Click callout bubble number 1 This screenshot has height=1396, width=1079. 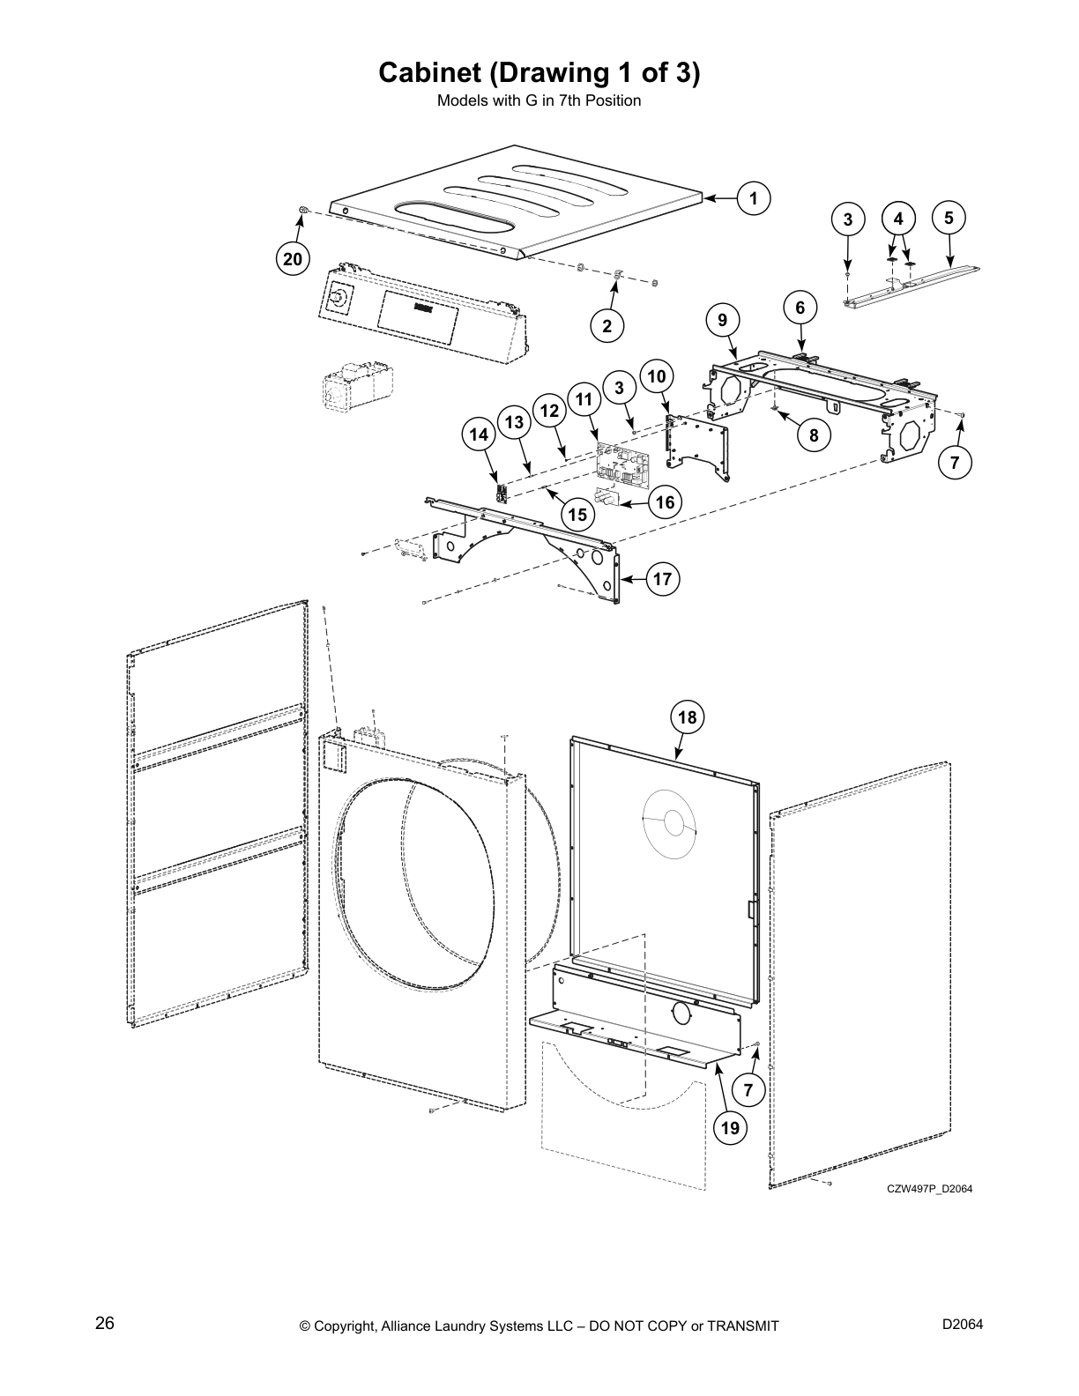754,198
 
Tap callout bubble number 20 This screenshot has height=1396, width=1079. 293,258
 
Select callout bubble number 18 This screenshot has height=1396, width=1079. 687,717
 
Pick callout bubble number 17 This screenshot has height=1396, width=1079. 663,579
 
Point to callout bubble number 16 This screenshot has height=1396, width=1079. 665,502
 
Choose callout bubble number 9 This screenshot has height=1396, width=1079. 722,320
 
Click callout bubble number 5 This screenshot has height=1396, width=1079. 949,217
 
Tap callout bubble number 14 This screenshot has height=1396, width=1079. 479,434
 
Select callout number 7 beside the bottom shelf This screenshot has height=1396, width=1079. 748,1090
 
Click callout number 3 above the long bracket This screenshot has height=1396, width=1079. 848,220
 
